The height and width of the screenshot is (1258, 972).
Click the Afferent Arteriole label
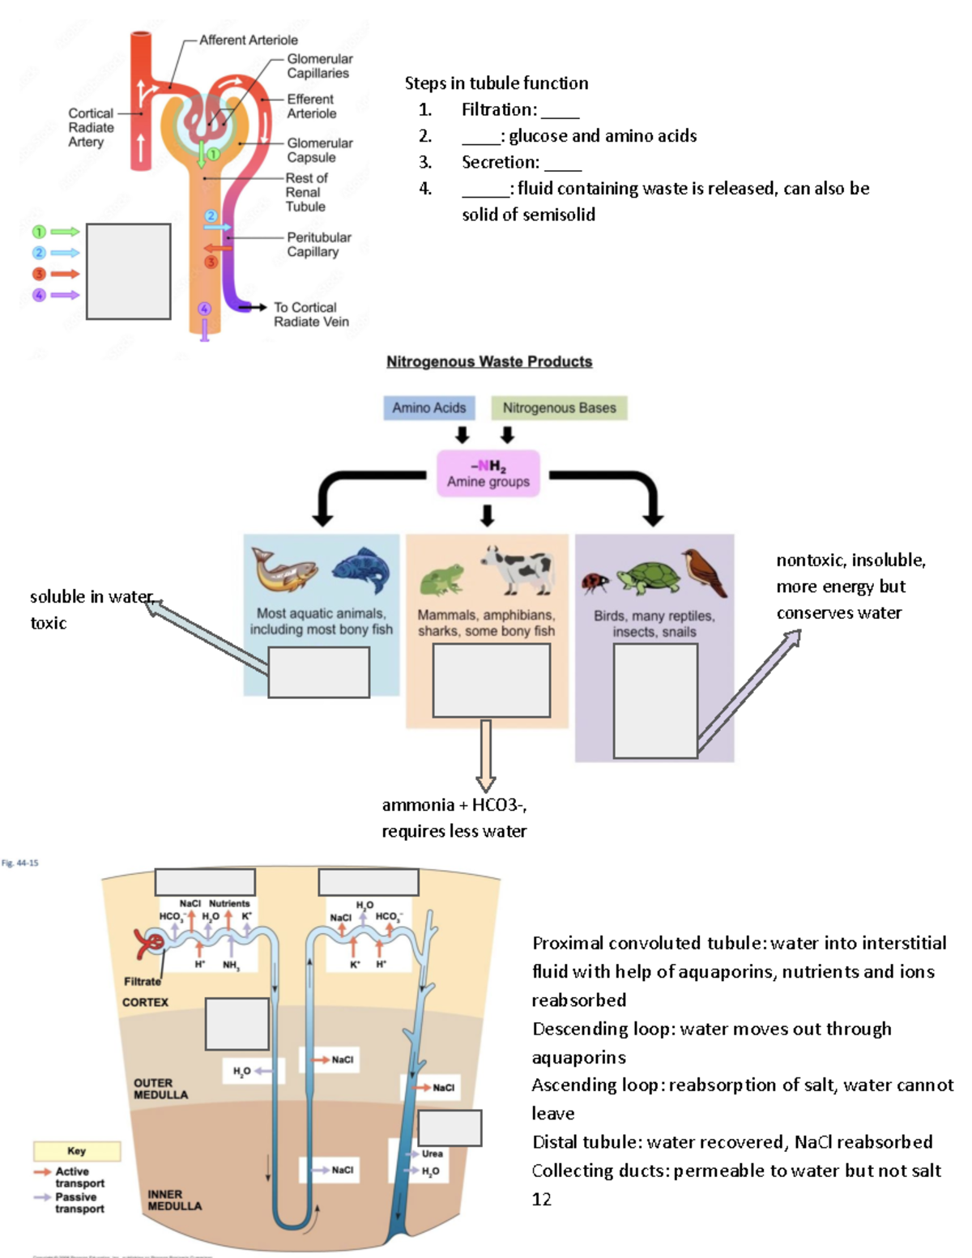pyautogui.click(x=248, y=40)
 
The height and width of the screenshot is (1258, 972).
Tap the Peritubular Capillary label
pyautogui.click(x=318, y=245)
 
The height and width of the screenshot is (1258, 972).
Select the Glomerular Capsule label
pyautogui.click(x=319, y=150)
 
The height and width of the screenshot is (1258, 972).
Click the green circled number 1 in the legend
pyautogui.click(x=38, y=232)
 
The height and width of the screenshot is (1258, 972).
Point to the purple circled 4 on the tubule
pyautogui.click(x=204, y=309)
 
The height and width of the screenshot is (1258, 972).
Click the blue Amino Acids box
pyautogui.click(x=428, y=407)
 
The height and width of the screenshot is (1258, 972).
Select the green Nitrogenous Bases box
pyautogui.click(x=559, y=407)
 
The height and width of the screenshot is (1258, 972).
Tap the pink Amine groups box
pyautogui.click(x=488, y=473)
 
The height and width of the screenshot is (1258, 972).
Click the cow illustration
pyautogui.click(x=518, y=569)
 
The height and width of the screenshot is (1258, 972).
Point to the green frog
pyautogui.click(x=442, y=580)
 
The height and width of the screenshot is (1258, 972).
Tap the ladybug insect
pyautogui.click(x=595, y=582)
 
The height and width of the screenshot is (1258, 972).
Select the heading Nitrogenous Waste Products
pyautogui.click(x=488, y=361)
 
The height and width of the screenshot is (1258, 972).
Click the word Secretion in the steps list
pyautogui.click(x=499, y=162)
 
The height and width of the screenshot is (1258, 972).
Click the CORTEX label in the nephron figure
pyautogui.click(x=145, y=1002)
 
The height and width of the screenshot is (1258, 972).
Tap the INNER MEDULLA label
pyautogui.click(x=174, y=1200)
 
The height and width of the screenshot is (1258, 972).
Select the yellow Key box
pyautogui.click(x=77, y=1150)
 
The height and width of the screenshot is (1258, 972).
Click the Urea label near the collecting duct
pyautogui.click(x=432, y=1154)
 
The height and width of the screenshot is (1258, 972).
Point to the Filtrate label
pyautogui.click(x=142, y=981)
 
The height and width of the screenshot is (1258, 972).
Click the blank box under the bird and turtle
pyautogui.click(x=655, y=701)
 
